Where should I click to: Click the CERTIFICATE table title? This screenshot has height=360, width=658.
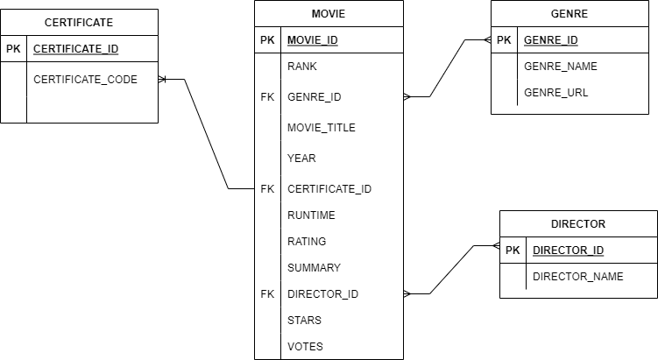[x=79, y=22]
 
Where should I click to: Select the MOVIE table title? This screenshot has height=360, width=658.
[x=329, y=14]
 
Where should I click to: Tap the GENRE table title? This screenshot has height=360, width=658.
[x=569, y=14]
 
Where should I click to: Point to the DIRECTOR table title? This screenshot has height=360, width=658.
[x=578, y=223]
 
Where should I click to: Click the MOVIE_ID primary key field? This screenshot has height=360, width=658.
[x=312, y=40]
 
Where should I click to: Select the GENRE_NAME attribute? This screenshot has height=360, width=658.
[x=561, y=67]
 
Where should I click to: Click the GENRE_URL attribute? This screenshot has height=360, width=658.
[x=555, y=92]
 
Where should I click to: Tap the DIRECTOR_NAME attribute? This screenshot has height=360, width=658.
[x=577, y=276]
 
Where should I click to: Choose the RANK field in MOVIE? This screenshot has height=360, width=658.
[x=301, y=67]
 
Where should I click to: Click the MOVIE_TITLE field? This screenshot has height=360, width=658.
[x=321, y=128]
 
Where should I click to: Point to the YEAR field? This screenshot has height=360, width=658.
[x=301, y=159]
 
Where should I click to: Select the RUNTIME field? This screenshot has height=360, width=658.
[x=311, y=215]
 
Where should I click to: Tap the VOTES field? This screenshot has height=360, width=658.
[x=305, y=346]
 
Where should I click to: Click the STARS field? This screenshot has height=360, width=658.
[x=304, y=320]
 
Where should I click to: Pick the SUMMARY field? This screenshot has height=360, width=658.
[x=314, y=267]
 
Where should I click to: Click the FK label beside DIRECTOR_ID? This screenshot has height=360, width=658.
[x=267, y=293]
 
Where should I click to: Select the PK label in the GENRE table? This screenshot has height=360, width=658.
[x=504, y=40]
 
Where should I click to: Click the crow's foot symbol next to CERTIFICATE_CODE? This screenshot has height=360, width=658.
[x=163, y=80]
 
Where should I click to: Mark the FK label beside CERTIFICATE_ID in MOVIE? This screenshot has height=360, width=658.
[x=267, y=188]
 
